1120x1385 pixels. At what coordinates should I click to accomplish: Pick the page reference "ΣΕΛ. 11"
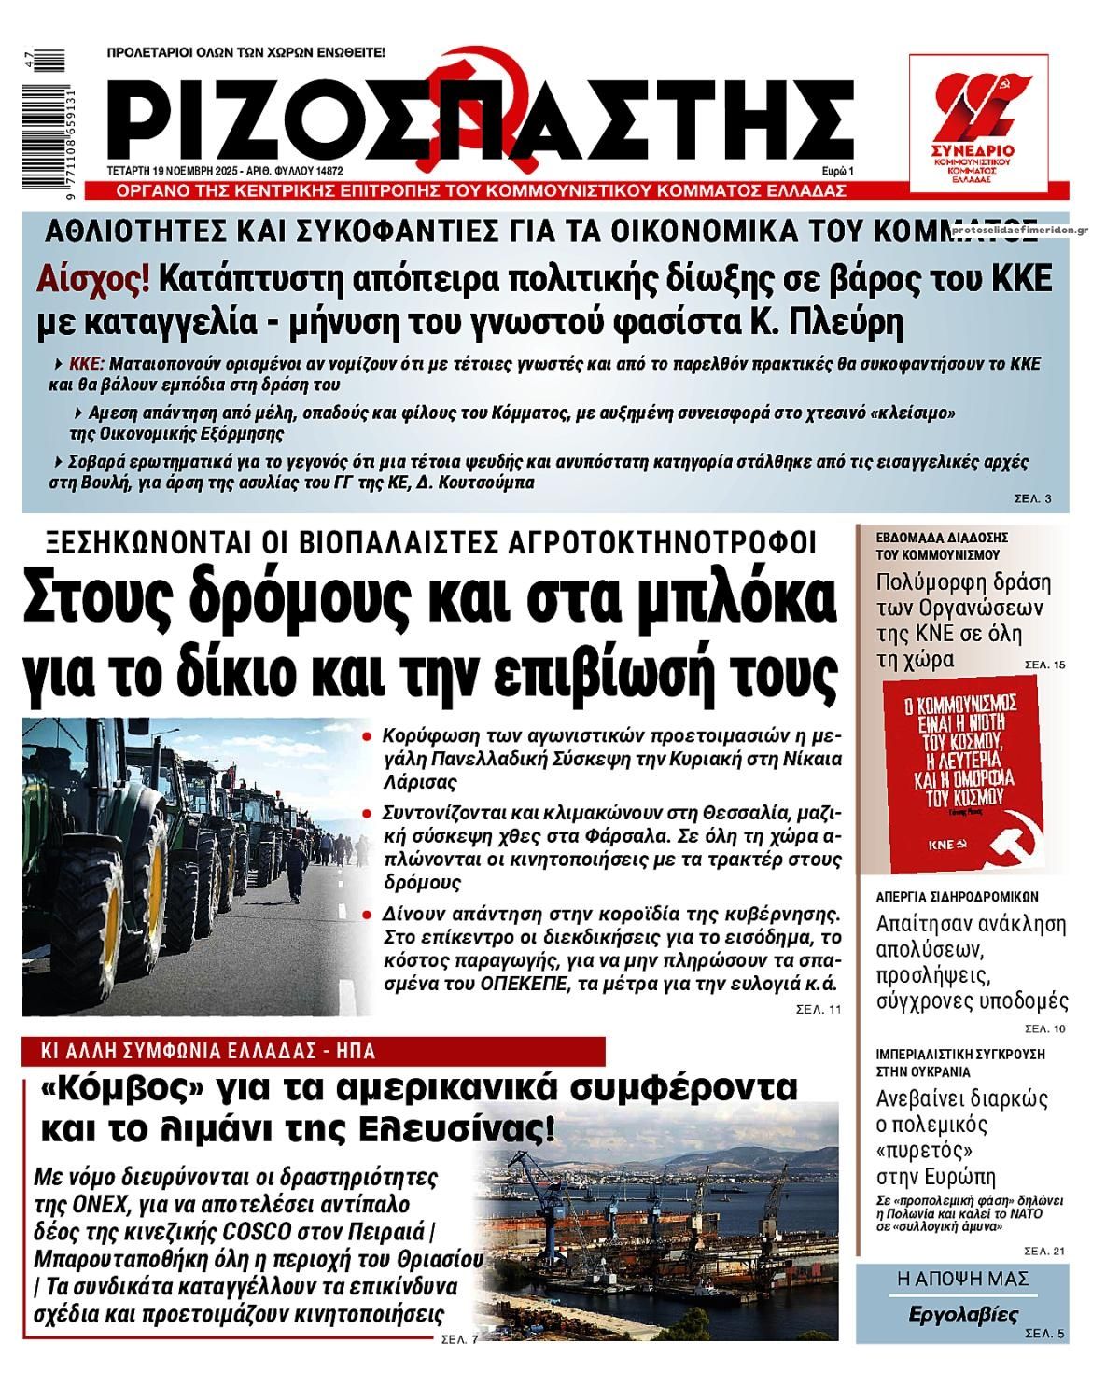[x=819, y=1009]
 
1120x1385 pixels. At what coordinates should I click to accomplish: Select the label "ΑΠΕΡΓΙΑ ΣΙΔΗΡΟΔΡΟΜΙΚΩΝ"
[x=958, y=897]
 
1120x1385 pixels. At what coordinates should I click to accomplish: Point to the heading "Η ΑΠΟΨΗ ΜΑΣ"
[x=962, y=1279]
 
